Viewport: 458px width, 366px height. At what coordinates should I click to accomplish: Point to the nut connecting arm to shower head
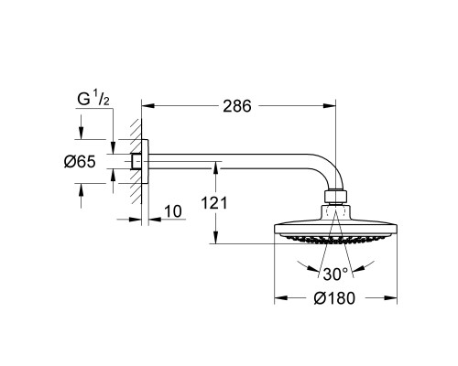click(x=335, y=195)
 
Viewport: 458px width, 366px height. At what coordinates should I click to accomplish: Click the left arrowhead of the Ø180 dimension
click(x=279, y=298)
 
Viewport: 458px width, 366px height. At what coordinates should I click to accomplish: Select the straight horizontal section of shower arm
click(x=229, y=162)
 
